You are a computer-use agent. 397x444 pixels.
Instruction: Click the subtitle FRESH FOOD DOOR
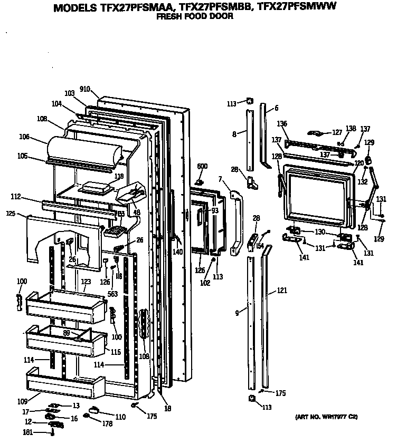(x=195, y=17)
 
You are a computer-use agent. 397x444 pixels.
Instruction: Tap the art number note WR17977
(x=326, y=417)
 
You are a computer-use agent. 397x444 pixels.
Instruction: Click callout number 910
(x=85, y=89)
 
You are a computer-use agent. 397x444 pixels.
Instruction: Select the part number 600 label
(x=202, y=167)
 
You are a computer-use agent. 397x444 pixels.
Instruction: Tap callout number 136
(x=282, y=124)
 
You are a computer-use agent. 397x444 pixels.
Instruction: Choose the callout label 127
(x=337, y=132)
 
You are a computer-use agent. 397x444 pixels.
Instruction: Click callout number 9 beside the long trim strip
(x=238, y=313)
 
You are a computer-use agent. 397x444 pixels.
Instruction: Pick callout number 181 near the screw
(x=27, y=432)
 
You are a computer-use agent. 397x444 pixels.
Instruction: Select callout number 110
(x=121, y=417)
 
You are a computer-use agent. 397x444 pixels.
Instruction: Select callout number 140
(x=177, y=252)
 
